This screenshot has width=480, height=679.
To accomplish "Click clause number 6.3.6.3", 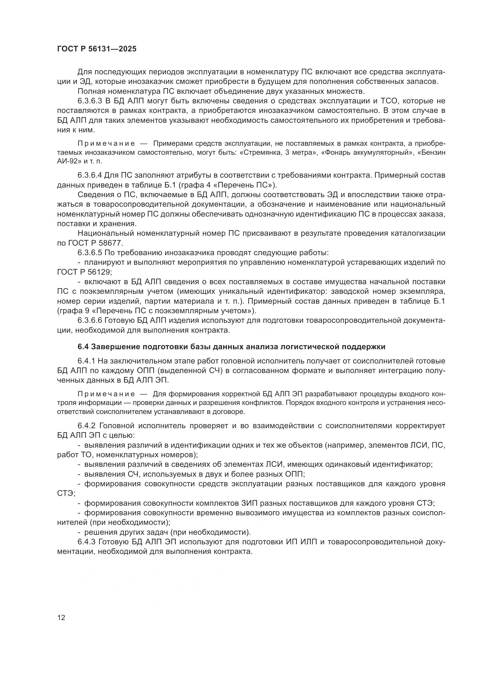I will click(90, 101).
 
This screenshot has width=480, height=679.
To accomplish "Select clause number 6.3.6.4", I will click(90, 175).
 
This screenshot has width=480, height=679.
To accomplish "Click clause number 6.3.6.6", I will click(90, 320).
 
